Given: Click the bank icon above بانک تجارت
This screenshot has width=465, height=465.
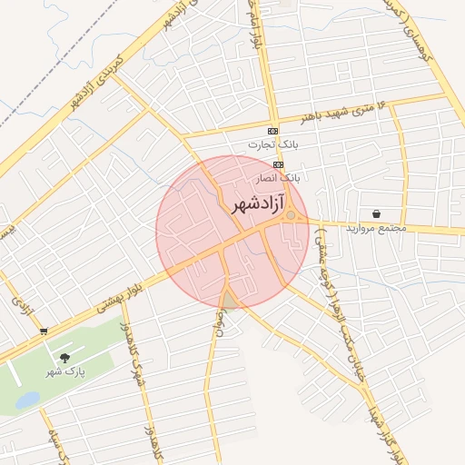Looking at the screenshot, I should tap(272, 131).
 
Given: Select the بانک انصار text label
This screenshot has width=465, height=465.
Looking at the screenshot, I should tap(279, 178).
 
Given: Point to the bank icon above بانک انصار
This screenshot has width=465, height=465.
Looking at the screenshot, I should tap(278, 164).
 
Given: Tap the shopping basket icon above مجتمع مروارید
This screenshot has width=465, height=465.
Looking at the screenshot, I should tap(375, 213).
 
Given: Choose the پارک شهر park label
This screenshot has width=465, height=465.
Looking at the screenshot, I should tap(65, 371).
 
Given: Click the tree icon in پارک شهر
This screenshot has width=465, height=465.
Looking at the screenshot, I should tap(64, 358).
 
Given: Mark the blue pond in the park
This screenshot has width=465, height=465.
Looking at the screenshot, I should tap(27, 399).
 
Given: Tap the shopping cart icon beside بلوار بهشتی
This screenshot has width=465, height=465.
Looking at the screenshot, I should tap(44, 331).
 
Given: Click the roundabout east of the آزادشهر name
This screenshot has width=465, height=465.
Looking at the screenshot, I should tap(291, 215).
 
